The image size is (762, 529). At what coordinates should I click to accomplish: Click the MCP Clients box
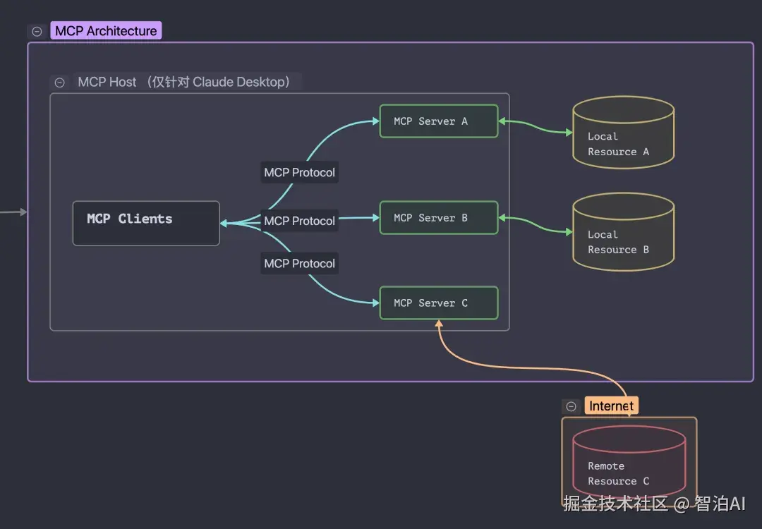pos(146,223)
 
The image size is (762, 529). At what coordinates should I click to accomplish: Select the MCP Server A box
pos(439,121)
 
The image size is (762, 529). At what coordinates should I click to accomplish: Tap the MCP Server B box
pos(439,218)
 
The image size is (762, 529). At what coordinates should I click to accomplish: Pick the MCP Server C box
pos(439,303)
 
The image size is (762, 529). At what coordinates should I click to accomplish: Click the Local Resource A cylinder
pos(624,132)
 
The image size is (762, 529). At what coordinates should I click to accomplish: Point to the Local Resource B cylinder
pos(624,231)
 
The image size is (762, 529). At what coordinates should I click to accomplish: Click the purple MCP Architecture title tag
pos(106,30)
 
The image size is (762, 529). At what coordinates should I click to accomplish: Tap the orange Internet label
pos(611,406)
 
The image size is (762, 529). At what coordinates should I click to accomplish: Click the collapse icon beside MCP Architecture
pos(37,32)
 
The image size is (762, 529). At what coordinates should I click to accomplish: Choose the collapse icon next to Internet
pos(571,406)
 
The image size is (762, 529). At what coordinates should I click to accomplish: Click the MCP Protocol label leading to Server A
pos(299,172)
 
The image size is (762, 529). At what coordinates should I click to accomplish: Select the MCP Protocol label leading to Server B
pos(299,221)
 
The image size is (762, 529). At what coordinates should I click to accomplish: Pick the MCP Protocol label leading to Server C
pos(299,263)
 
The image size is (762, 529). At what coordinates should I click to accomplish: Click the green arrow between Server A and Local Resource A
pos(536,126)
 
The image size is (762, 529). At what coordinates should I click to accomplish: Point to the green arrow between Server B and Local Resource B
pos(536,224)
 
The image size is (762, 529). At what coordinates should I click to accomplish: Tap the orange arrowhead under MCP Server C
pos(439,323)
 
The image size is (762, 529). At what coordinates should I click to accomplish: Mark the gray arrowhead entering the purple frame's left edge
pos(24,212)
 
